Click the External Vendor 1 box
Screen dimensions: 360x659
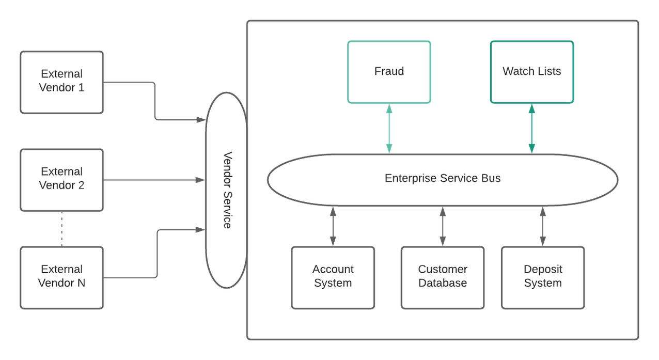tap(62, 82)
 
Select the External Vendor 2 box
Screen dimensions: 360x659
tap(62, 179)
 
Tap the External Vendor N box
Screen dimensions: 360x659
tap(62, 277)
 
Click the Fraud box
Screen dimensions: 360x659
tap(389, 71)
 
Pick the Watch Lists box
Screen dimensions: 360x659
tap(531, 71)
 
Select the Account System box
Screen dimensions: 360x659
tap(333, 277)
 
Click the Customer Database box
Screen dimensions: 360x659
tap(443, 277)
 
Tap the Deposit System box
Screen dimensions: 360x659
tap(543, 277)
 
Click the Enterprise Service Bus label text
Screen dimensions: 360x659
tap(443, 179)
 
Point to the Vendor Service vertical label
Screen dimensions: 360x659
tap(226, 190)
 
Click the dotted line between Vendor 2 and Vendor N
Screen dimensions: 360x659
tap(62, 229)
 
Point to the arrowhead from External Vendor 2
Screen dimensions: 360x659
tap(201, 180)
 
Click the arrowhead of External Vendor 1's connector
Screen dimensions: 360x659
tap(201, 120)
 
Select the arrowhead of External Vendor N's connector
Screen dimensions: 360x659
tap(201, 229)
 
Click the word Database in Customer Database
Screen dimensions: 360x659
tap(443, 284)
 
